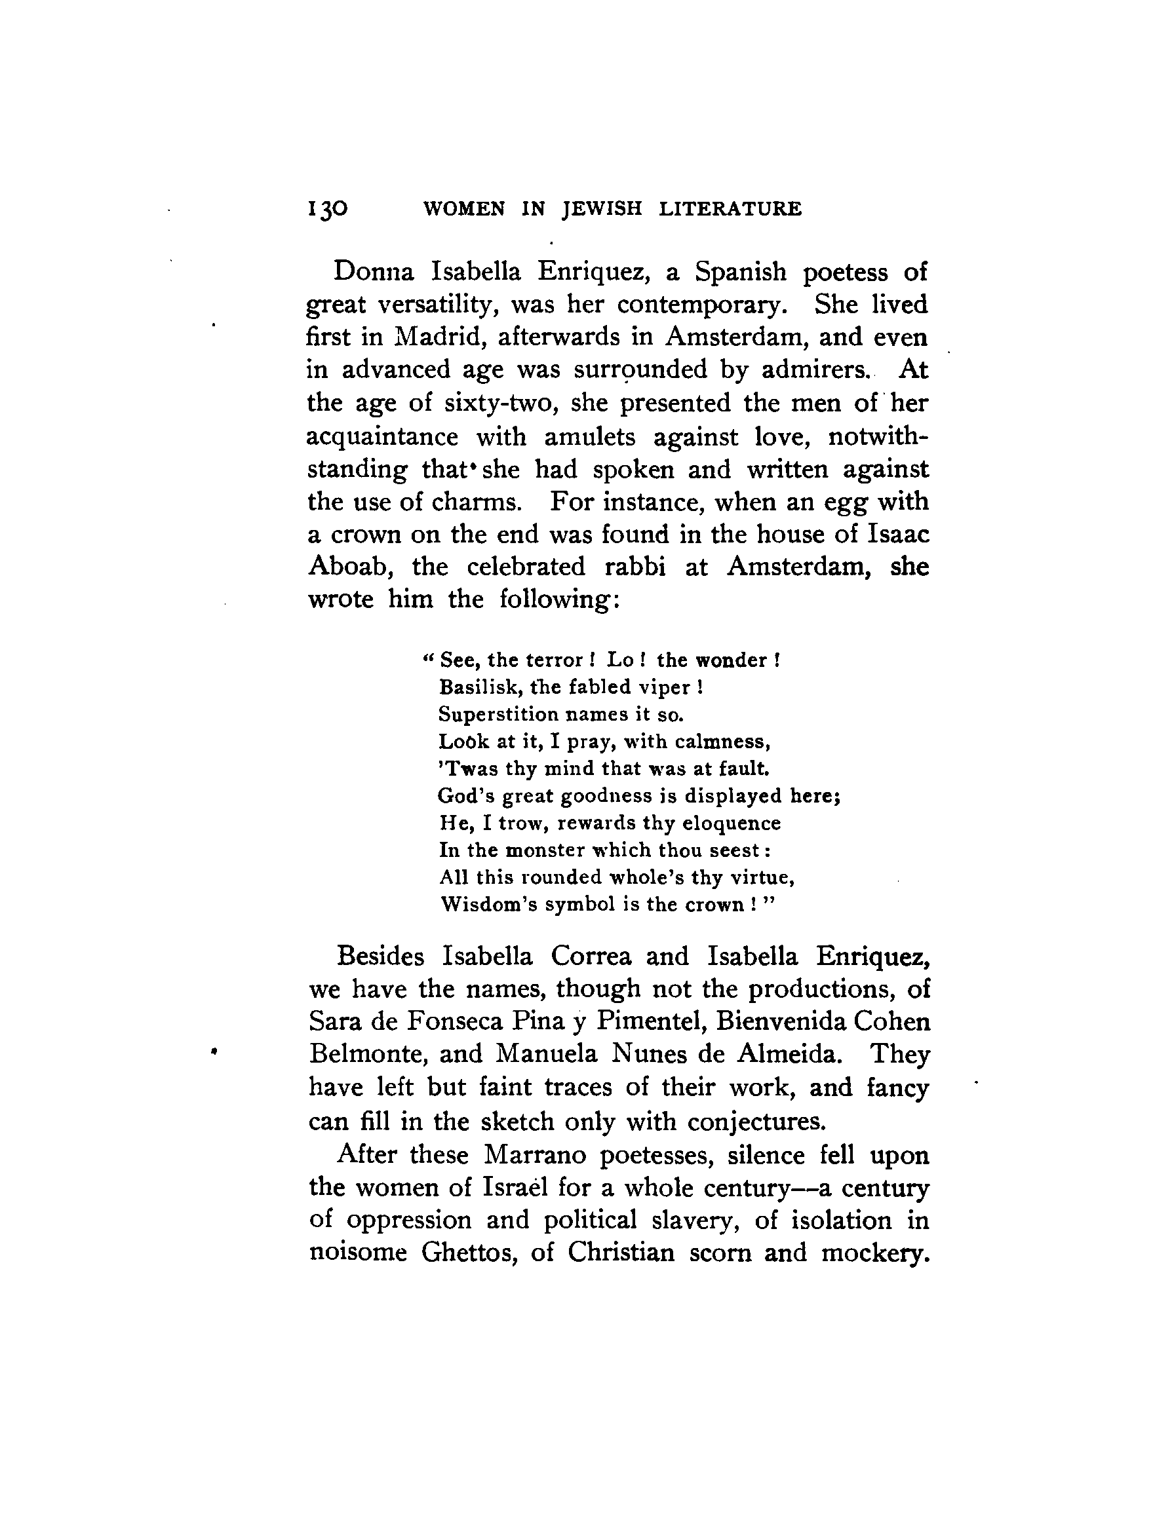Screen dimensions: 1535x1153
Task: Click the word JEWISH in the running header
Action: point(602,209)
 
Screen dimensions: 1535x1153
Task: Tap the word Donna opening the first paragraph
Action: point(374,271)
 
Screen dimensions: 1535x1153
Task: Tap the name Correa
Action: point(591,957)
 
